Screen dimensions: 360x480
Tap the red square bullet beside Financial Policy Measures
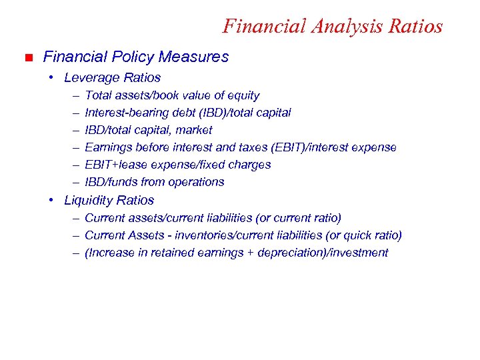point(27,58)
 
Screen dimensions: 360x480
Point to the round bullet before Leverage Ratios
point(52,78)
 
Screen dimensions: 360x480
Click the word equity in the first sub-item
point(243,96)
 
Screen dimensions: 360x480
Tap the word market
point(194,130)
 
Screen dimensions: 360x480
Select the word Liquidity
point(89,201)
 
